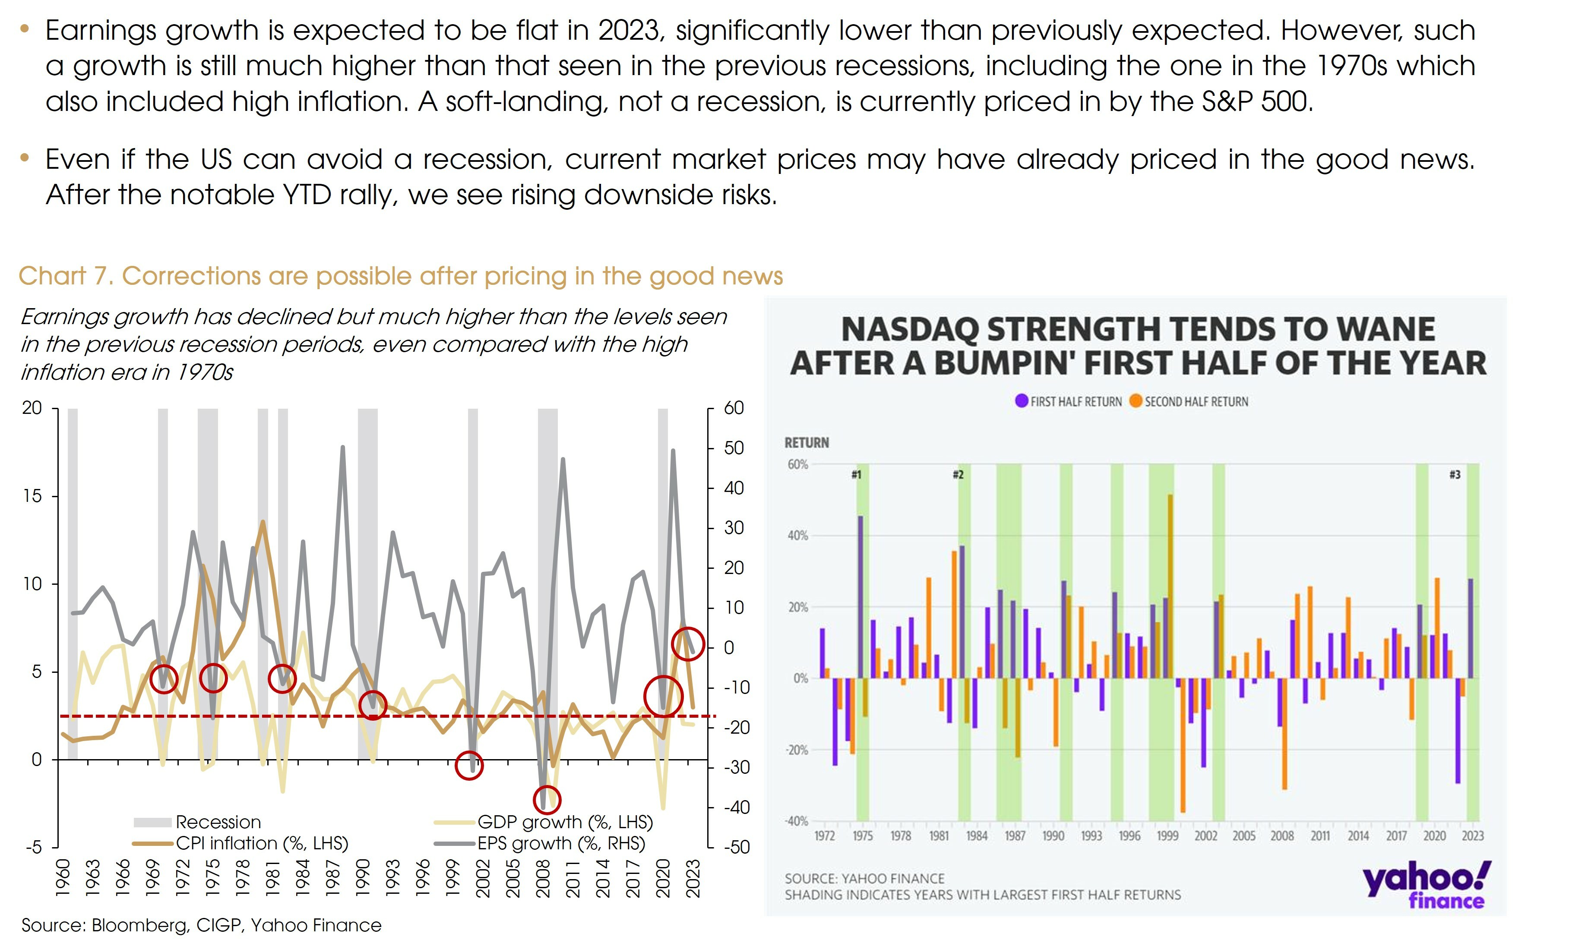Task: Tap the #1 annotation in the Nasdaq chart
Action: pos(856,475)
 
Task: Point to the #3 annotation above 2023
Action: pos(1454,475)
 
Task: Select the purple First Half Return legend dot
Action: pos(1022,401)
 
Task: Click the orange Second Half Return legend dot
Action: pos(1136,401)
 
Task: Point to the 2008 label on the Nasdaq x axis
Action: pos(1282,836)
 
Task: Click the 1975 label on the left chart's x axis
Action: pos(212,878)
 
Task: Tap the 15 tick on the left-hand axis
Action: pos(32,496)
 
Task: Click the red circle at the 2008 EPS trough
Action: pos(547,799)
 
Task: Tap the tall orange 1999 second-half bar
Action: pos(1170,587)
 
